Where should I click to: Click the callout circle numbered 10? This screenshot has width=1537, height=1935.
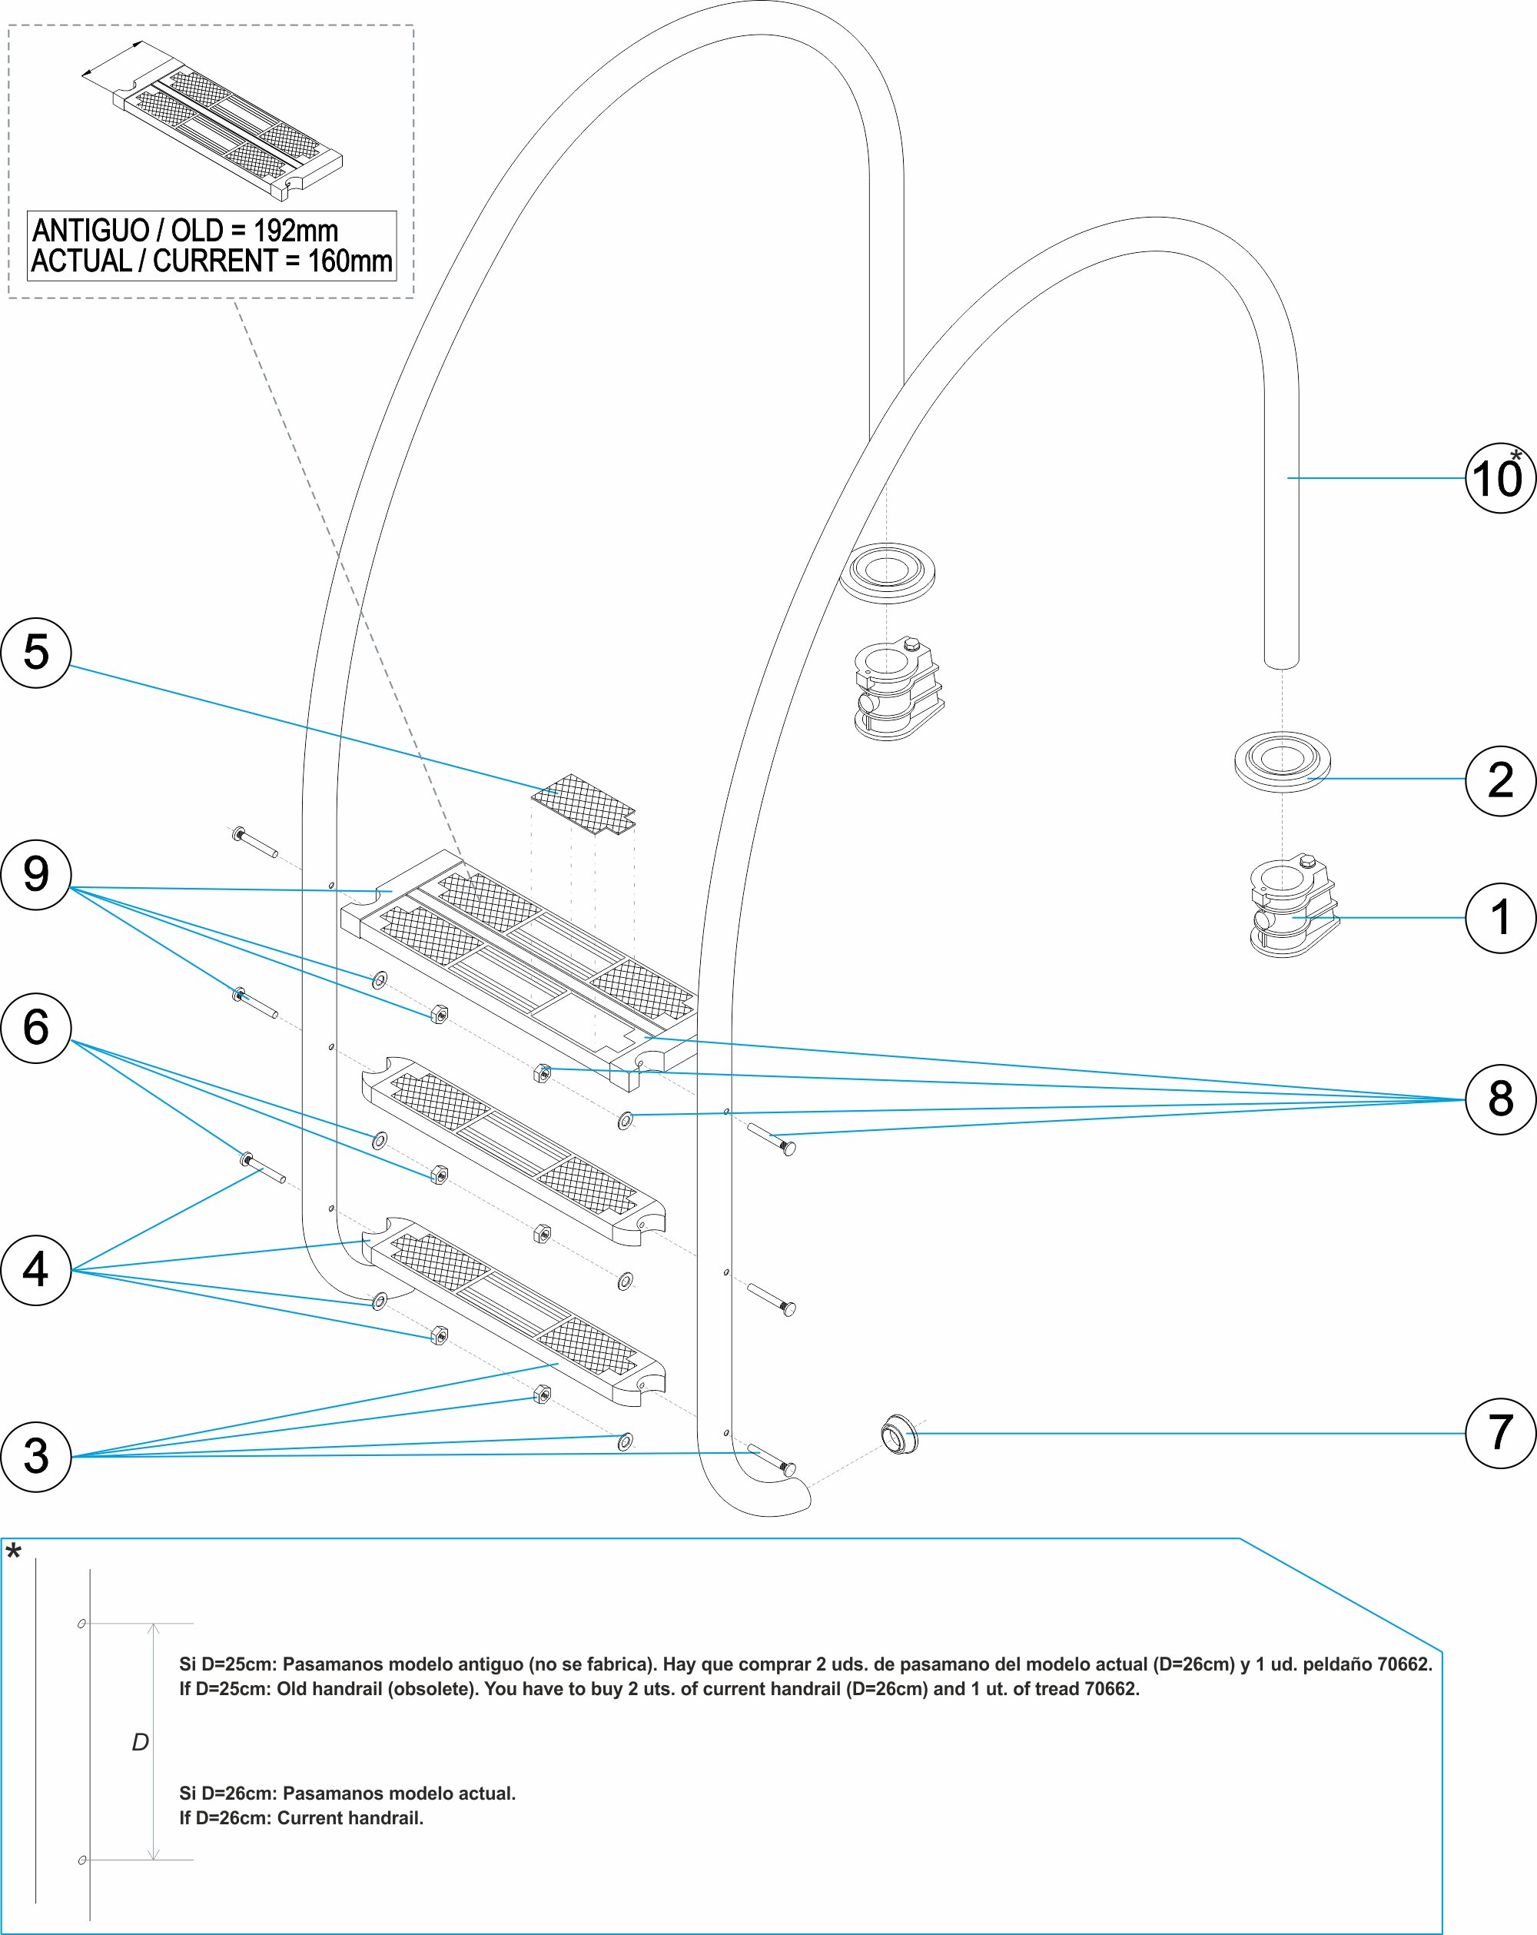click(1499, 478)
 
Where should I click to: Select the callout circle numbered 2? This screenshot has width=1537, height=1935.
click(1499, 780)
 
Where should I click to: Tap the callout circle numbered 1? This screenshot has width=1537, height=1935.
click(1499, 917)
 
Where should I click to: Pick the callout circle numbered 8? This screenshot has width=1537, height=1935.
click(1499, 1099)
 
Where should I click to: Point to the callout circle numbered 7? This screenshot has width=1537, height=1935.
click(1499, 1433)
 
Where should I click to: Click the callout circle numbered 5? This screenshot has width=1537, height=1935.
click(36, 653)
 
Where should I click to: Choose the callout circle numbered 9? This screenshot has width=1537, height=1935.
click(36, 874)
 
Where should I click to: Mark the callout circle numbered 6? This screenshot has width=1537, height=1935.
click(36, 1028)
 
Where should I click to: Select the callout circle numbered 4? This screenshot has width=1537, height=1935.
click(36, 1270)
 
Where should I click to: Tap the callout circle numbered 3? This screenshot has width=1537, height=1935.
click(36, 1456)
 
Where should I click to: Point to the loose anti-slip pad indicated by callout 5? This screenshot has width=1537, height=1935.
click(584, 803)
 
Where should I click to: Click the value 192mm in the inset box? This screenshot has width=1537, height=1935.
click(295, 231)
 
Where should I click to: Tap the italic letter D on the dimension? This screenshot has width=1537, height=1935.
click(140, 1742)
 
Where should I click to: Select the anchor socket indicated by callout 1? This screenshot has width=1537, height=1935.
click(1292, 908)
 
